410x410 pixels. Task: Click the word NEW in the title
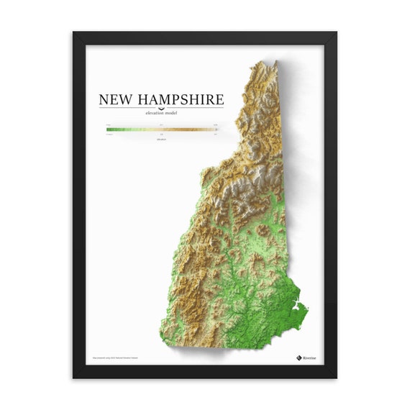pos(114,100)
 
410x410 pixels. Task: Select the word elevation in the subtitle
pos(153,114)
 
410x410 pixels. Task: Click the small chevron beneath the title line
pos(161,108)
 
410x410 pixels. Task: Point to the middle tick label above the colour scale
pos(161,124)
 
